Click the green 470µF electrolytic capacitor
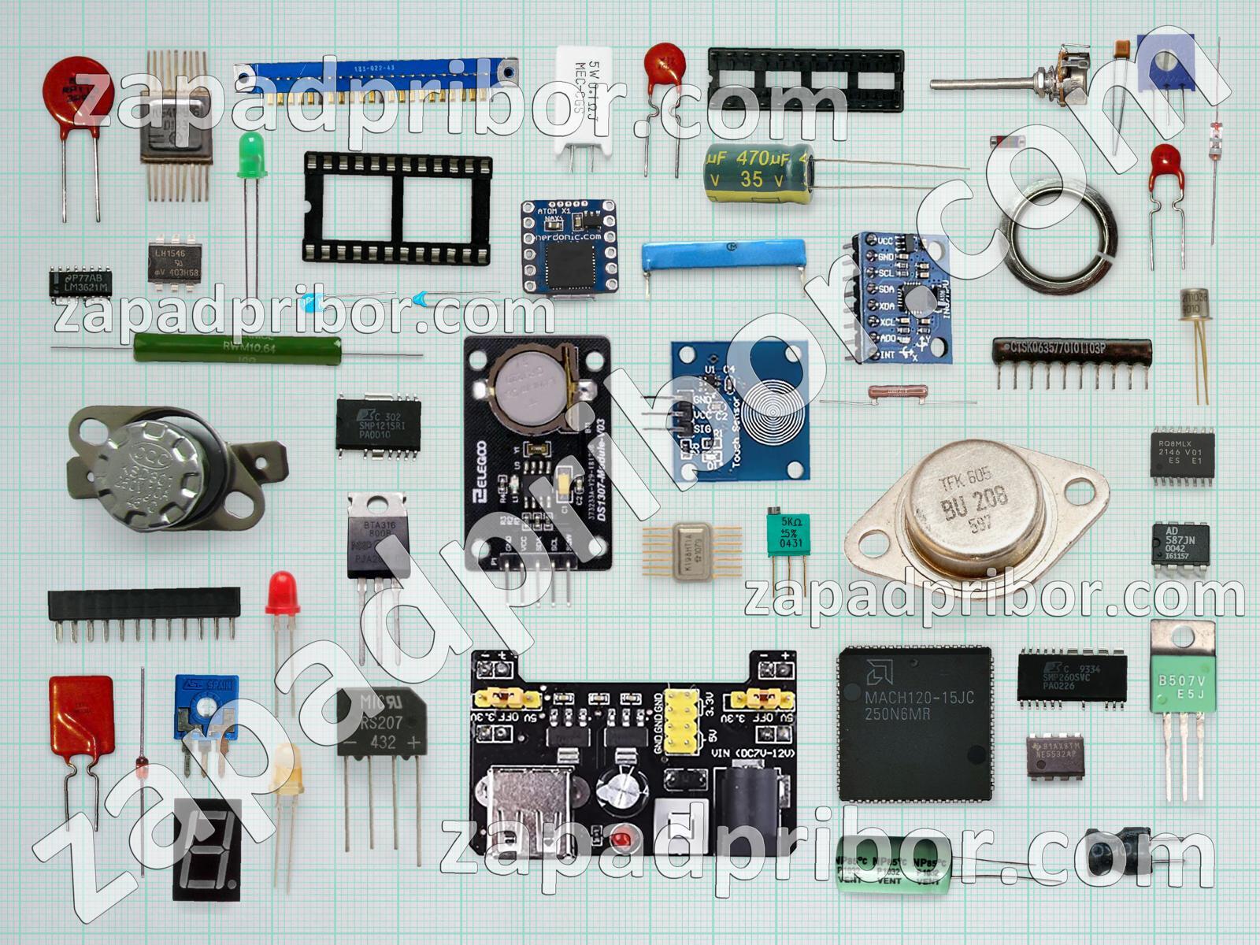[758, 173]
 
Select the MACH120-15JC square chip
[913, 723]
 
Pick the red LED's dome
[282, 592]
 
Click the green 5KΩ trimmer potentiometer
[788, 534]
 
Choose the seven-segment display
[206, 849]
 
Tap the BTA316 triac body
[377, 536]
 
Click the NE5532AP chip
[1055, 758]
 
